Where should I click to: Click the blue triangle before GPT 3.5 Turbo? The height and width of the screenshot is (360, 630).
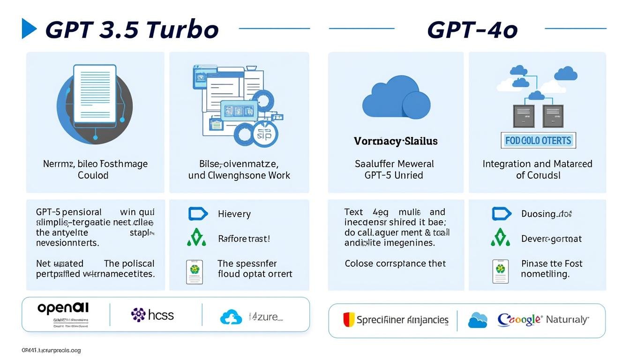[x=29, y=29]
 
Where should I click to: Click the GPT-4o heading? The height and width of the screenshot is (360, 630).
[x=472, y=30]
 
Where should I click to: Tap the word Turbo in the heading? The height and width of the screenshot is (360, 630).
[x=182, y=30]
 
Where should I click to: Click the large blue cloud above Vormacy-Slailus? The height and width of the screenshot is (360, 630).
[x=396, y=96]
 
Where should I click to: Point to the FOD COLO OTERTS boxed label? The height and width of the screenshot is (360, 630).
[x=538, y=140]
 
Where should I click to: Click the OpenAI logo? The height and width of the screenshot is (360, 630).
[x=63, y=308]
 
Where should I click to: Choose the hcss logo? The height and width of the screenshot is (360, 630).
[x=152, y=315]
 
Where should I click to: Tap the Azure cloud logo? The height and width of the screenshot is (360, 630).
[x=231, y=317]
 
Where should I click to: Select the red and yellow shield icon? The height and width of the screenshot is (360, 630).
[x=348, y=320]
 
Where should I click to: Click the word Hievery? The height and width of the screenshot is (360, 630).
[x=234, y=214]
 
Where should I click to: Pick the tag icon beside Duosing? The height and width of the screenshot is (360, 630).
[x=501, y=214]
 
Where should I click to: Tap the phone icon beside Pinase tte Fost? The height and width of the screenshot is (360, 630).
[x=500, y=270]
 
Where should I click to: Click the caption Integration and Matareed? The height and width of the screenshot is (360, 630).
[x=537, y=164]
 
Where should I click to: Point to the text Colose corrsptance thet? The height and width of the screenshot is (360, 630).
[x=395, y=263]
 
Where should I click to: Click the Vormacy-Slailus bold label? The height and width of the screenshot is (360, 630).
[x=396, y=141]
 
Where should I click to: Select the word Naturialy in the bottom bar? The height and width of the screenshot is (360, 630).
[x=568, y=320]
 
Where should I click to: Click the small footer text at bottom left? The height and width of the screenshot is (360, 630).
[x=51, y=350]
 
